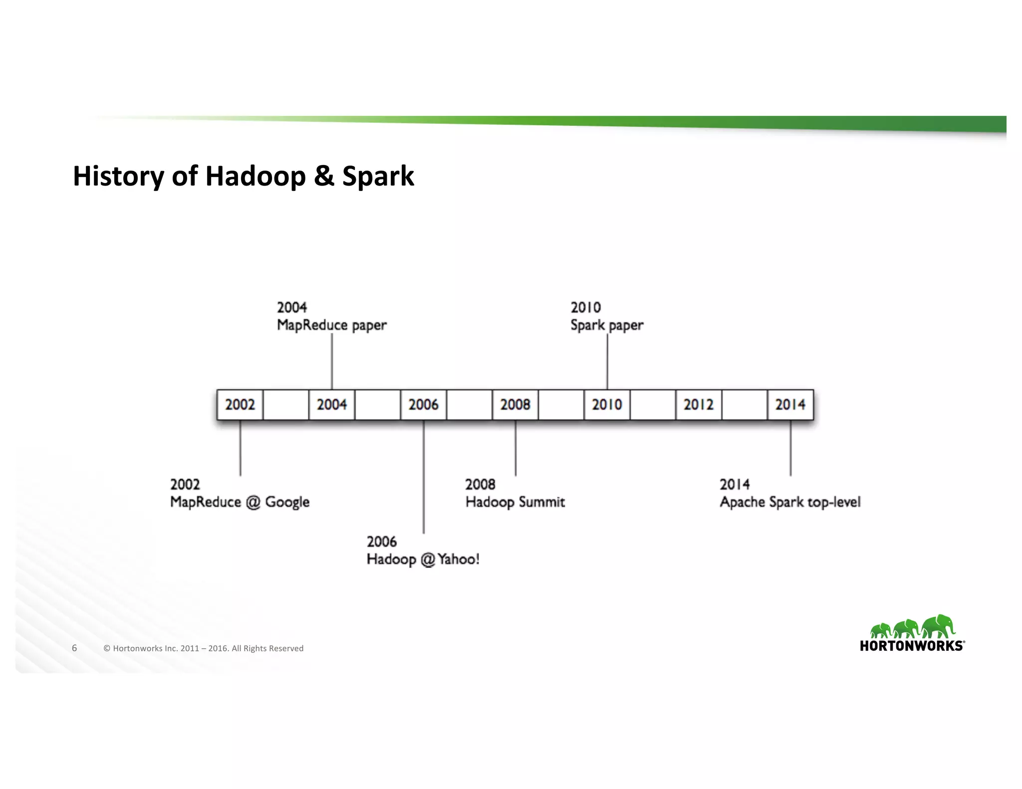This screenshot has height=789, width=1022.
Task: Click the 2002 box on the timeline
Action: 240,404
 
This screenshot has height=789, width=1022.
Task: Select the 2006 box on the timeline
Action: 423,404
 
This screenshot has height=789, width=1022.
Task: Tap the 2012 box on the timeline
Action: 699,404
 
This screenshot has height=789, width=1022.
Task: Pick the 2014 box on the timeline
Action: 790,404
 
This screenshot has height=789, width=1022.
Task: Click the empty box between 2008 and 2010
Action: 561,404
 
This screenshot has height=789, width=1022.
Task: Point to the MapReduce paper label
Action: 331,325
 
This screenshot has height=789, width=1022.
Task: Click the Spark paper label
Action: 607,325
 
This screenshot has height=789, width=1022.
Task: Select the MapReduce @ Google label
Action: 240,502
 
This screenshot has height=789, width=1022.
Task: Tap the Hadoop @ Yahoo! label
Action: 423,559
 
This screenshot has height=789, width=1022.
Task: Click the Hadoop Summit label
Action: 515,502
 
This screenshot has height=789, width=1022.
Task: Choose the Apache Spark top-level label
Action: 790,502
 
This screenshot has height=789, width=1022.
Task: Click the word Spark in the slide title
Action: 378,177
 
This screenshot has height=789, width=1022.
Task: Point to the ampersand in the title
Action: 324,176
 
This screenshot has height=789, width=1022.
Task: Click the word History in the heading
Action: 118,177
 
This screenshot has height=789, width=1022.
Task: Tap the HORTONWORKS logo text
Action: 912,646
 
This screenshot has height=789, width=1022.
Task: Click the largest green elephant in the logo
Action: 938,626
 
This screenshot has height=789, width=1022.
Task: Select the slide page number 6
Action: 74,648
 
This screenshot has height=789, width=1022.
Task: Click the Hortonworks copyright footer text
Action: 203,648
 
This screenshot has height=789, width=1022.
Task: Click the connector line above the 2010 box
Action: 607,362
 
